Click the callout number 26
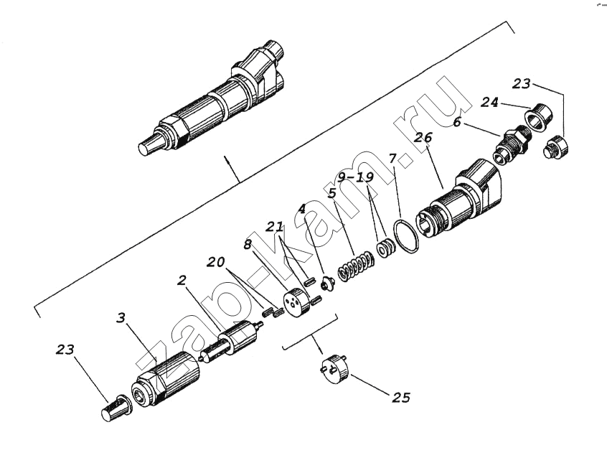pos(423,138)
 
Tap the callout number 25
pos(401,397)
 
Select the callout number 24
pos(490,103)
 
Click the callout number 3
pos(121,318)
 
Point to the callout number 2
pos(182,281)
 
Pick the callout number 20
pos(215,262)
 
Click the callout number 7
pos(392,159)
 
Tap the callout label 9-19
pos(355,177)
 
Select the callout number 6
pos(457,123)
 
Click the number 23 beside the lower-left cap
pos(65,350)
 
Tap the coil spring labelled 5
pos(355,266)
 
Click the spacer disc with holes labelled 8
pos(297,300)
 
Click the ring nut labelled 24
pos(539,116)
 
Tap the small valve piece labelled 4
pos(326,284)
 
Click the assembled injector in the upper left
pos(212,98)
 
